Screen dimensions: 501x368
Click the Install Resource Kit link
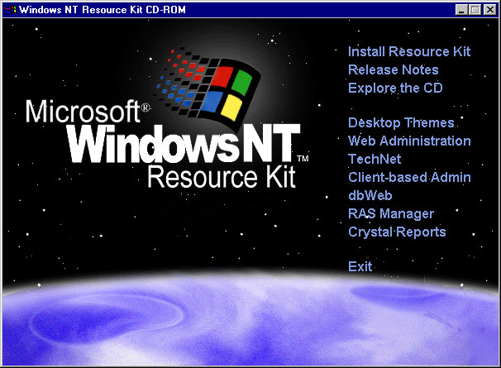tap(409, 51)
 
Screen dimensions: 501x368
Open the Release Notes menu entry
tap(394, 69)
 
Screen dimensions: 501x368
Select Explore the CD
tap(395, 88)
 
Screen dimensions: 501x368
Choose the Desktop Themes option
tap(401, 122)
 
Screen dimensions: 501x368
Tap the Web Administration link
tap(409, 141)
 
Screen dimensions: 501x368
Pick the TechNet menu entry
tap(375, 159)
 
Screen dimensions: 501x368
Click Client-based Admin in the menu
tap(409, 177)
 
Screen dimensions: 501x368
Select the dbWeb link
tap(370, 195)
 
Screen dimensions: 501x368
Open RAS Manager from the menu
tap(391, 213)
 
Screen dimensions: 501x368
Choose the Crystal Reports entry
tap(397, 232)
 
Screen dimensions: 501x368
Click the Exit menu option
tap(360, 266)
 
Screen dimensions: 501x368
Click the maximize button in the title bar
tap(475, 10)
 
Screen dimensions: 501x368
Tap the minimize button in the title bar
tap(461, 10)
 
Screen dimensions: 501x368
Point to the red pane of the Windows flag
tap(222, 77)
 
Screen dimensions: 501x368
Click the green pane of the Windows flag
tap(242, 83)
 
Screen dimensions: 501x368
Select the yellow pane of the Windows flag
tap(231, 108)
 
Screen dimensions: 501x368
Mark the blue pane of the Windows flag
tap(212, 102)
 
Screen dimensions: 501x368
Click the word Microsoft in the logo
tap(83, 111)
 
